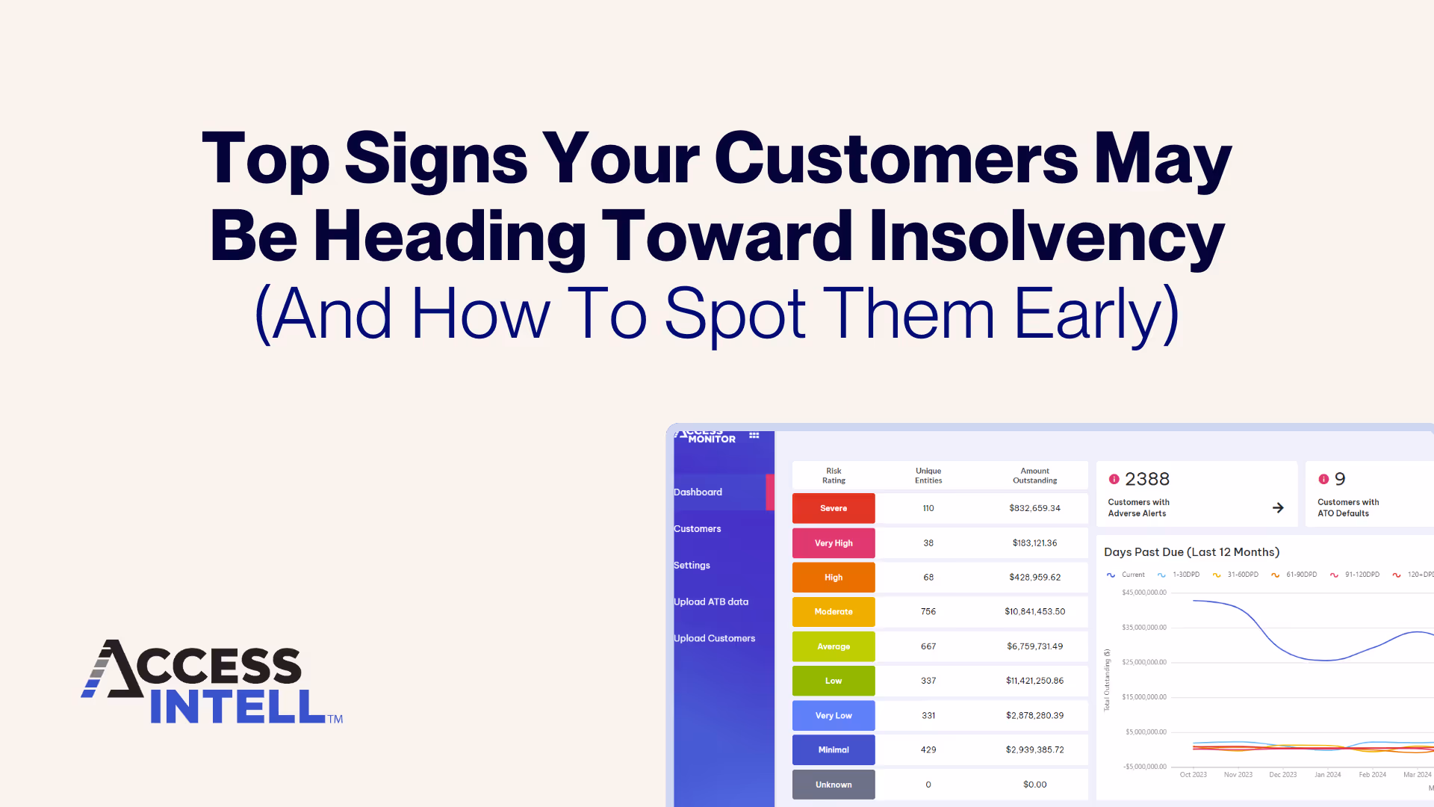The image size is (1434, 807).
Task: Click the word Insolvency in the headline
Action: [1046, 238]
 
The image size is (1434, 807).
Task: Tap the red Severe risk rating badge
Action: [834, 508]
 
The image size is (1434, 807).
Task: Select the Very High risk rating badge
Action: [834, 543]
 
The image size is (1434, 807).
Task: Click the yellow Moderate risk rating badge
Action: [834, 612]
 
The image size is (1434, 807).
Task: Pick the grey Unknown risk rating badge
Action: [834, 785]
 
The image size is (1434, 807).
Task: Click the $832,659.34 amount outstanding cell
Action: [1034, 508]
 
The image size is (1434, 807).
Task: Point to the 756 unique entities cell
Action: [928, 612]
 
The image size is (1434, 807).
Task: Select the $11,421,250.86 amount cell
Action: [1034, 681]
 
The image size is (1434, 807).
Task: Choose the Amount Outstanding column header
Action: [1034, 476]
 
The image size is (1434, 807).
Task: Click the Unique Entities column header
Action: [928, 476]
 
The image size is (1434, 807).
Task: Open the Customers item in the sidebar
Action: [698, 529]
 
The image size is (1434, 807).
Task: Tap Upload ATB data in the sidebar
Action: [711, 602]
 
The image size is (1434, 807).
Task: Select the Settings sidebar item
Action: [692, 566]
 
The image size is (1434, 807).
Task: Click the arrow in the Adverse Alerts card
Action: [1278, 508]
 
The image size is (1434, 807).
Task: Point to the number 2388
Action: [1147, 479]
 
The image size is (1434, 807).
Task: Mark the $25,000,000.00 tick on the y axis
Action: [1143, 663]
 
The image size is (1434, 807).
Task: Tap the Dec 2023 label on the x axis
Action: [1282, 775]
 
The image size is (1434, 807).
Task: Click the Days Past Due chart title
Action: [1191, 552]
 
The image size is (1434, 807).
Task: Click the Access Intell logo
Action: [212, 681]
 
